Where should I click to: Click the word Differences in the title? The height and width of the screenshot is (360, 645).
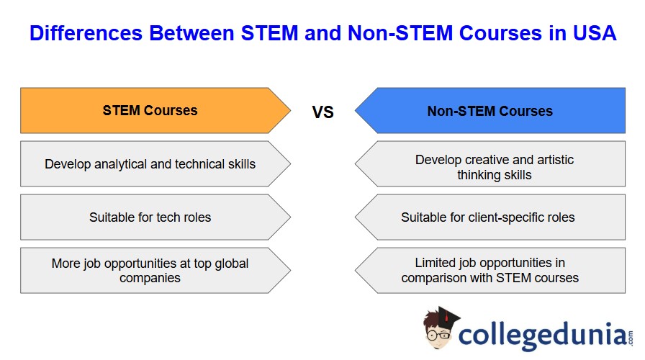pyautogui.click(x=86, y=33)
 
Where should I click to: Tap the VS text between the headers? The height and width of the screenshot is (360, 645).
pyautogui.click(x=323, y=112)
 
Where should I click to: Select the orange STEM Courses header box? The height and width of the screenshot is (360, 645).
pyautogui.click(x=155, y=110)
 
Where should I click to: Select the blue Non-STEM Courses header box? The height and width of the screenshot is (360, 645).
pyautogui.click(x=490, y=110)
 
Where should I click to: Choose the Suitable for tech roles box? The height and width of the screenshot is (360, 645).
pyautogui.click(x=155, y=217)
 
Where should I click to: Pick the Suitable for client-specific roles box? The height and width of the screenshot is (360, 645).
pyautogui.click(x=490, y=217)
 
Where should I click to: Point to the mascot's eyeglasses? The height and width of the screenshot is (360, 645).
pyautogui.click(x=438, y=335)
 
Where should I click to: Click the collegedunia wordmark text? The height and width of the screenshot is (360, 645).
pyautogui.click(x=543, y=335)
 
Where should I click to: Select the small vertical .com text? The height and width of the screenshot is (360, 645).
pyautogui.click(x=631, y=338)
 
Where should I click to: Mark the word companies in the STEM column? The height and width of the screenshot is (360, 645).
pyautogui.click(x=150, y=278)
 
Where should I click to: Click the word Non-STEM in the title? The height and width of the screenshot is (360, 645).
pyautogui.click(x=400, y=33)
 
